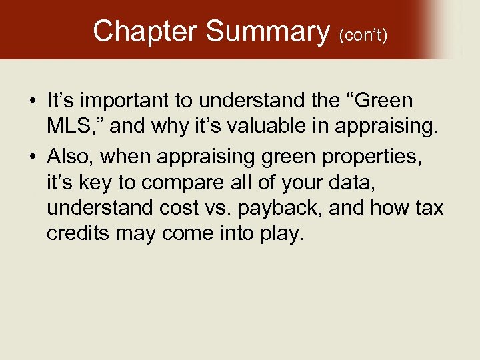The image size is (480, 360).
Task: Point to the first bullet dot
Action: coord(33,102)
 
